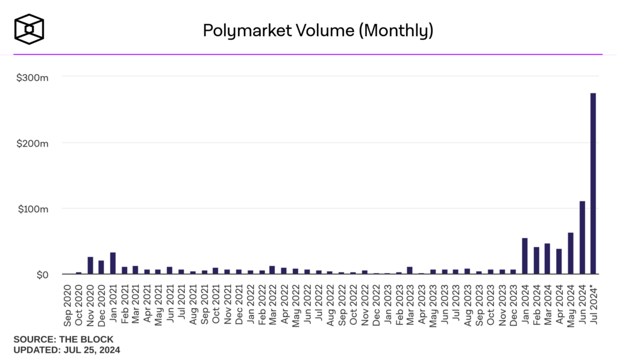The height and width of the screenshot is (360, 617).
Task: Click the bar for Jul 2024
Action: (594, 184)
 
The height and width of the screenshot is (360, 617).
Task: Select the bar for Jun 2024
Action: (582, 238)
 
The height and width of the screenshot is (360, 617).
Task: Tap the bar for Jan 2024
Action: (525, 256)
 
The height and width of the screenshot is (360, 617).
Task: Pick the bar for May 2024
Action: (571, 253)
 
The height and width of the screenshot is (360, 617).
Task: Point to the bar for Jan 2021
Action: (113, 264)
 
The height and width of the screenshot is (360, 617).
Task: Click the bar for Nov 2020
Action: (90, 266)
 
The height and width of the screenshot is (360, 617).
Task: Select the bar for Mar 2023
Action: (410, 271)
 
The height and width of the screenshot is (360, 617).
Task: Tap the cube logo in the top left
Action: (30, 29)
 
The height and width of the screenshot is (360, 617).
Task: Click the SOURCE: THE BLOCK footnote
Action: (63, 339)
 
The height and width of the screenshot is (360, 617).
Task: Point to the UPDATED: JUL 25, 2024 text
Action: (67, 349)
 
